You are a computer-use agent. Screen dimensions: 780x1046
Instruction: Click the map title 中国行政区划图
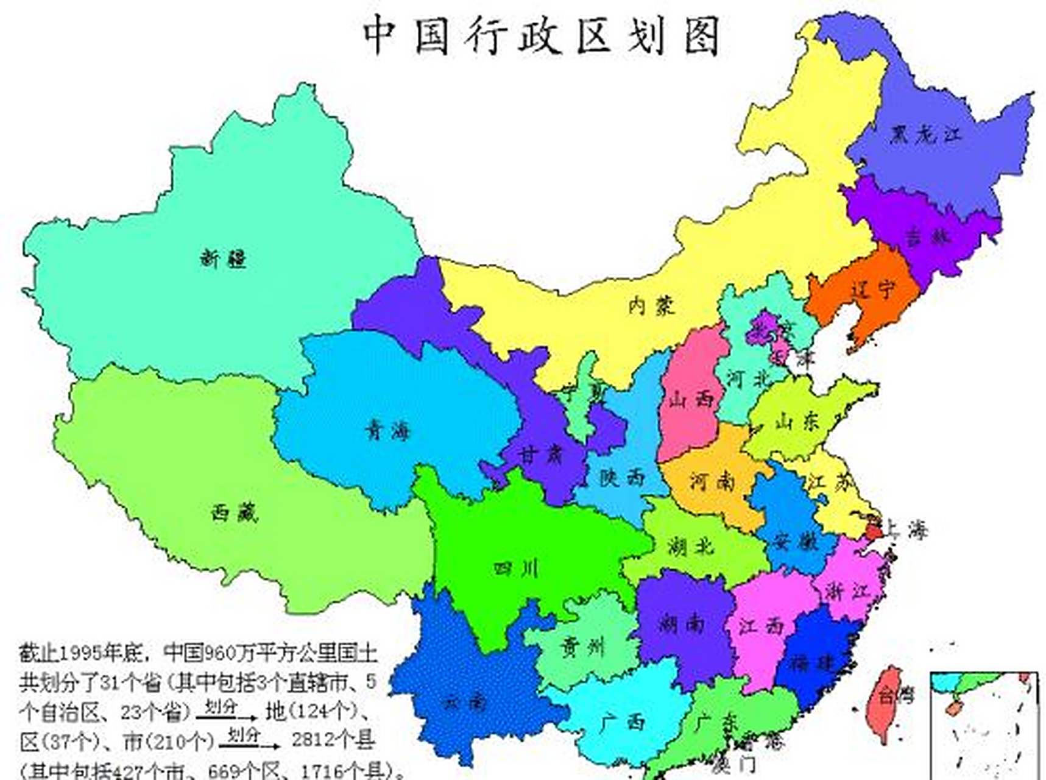[542, 35]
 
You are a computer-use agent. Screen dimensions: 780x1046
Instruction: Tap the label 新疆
[223, 258]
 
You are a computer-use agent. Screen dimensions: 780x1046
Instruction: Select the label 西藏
[235, 512]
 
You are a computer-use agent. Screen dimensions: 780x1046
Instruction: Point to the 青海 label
[388, 431]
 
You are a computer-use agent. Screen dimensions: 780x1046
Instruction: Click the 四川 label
[516, 569]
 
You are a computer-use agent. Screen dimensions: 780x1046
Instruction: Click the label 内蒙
[652, 305]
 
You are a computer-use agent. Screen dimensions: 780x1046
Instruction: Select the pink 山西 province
[691, 399]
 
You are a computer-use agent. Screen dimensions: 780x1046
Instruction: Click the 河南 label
[712, 481]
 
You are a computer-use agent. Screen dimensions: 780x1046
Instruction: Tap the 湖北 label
[691, 546]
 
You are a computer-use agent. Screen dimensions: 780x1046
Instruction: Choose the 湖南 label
[682, 623]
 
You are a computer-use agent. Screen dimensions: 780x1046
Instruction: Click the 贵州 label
[582, 646]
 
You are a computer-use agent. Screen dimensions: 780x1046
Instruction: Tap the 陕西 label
[622, 477]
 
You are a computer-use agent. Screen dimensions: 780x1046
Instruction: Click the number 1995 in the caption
[81, 653]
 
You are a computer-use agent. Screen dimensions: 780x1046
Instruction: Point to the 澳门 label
[737, 764]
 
